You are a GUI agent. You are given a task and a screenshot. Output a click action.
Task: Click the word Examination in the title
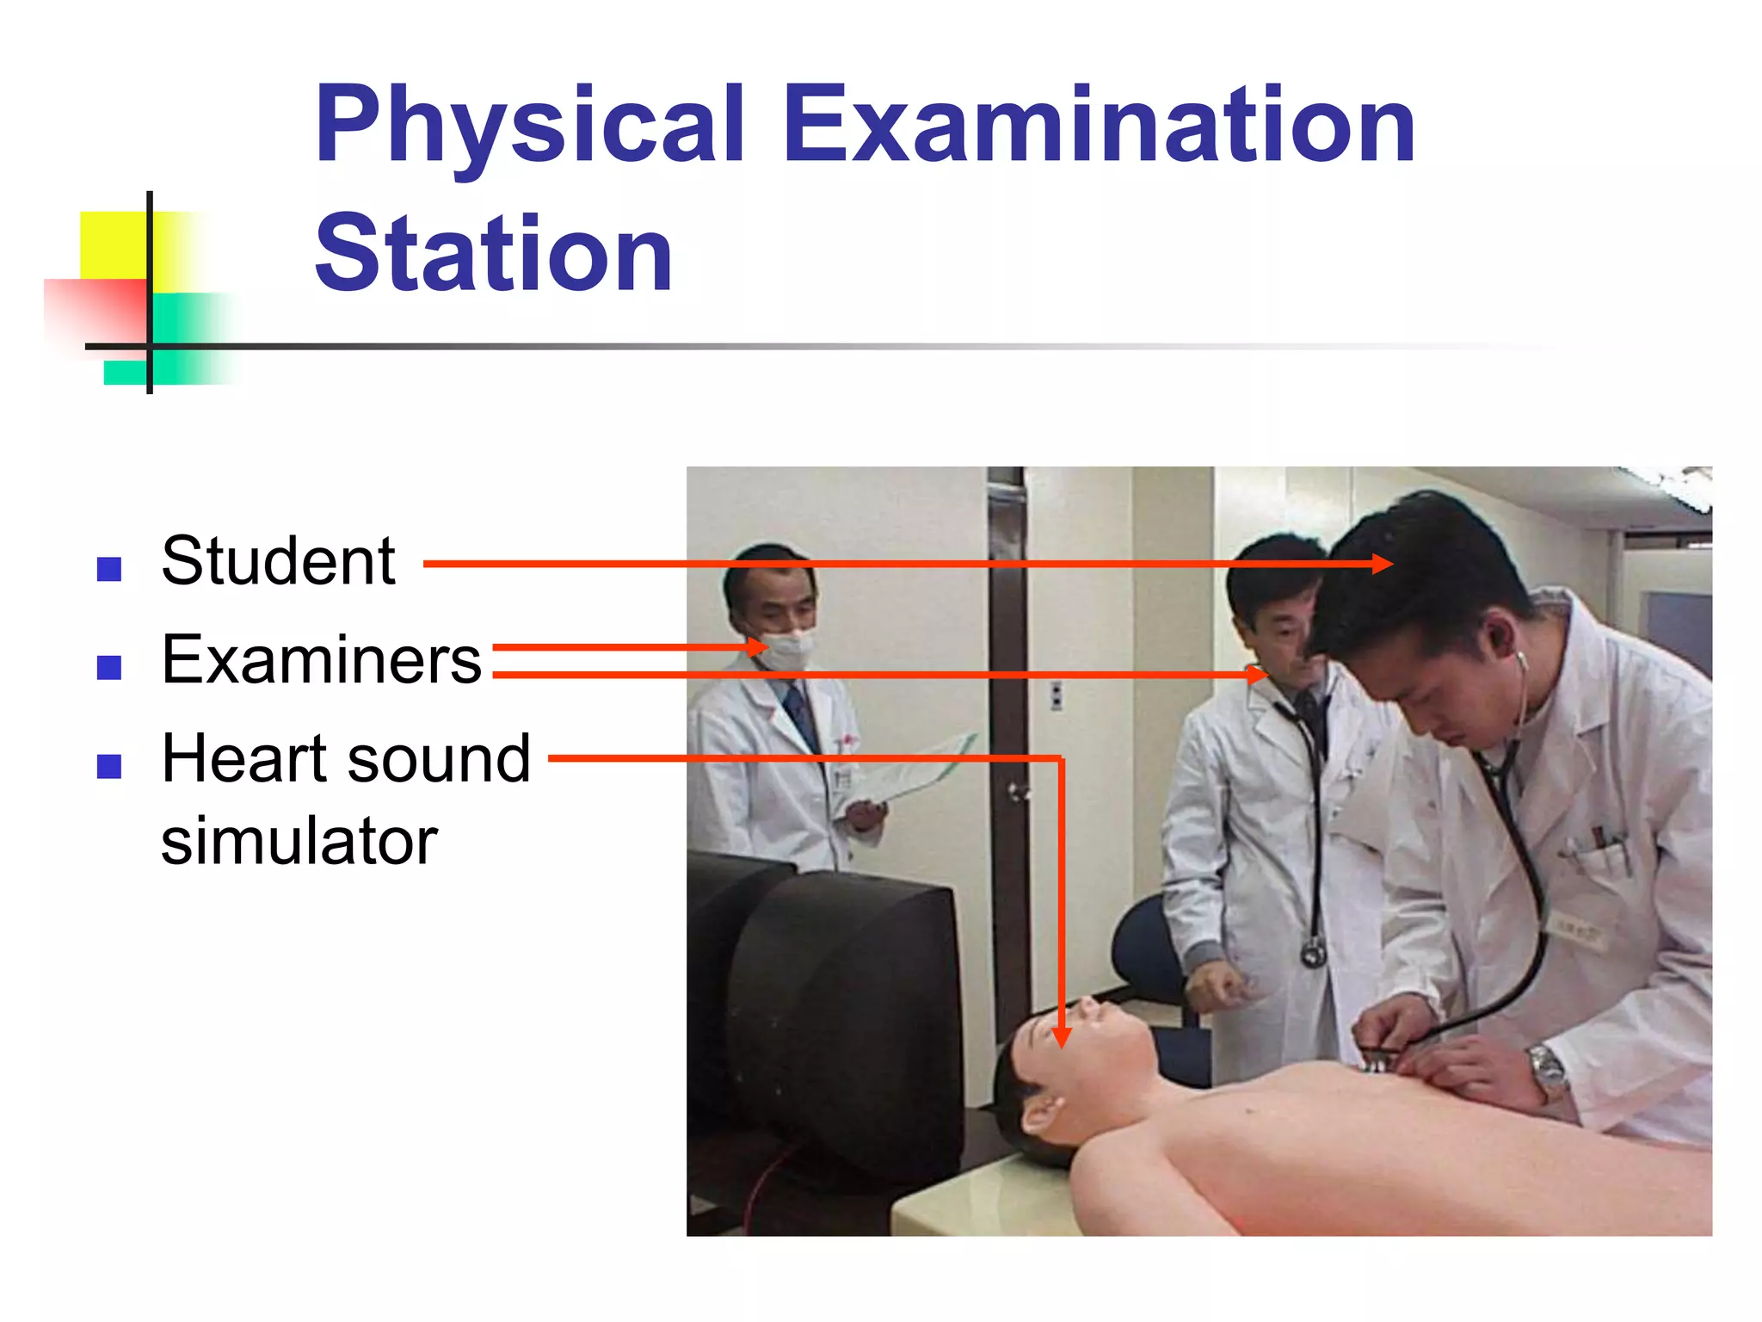[1099, 126]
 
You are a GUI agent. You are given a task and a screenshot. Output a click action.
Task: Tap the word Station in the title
[493, 255]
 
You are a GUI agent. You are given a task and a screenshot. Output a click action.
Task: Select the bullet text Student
[278, 561]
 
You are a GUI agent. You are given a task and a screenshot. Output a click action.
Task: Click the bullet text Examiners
[321, 660]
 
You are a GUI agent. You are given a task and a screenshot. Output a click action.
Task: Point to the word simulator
[299, 841]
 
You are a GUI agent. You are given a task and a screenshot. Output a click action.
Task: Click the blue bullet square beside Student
[109, 569]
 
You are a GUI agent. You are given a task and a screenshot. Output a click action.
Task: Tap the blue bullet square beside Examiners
[109, 667]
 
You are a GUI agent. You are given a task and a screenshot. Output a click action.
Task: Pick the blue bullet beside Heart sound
[109, 765]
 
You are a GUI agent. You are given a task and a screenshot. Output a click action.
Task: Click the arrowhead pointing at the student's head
[1382, 564]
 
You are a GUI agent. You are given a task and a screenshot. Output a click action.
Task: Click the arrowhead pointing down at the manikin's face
[1062, 1036]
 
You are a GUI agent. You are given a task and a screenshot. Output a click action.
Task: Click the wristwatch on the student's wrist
[1548, 1071]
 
